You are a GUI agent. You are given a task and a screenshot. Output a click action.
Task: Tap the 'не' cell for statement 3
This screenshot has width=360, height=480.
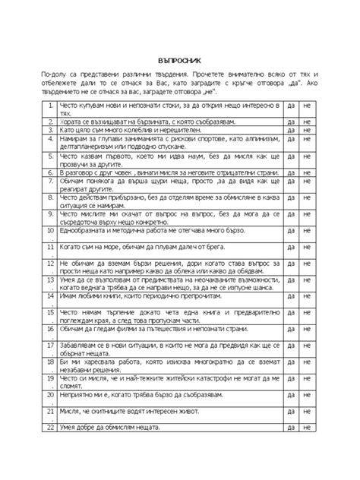coord(307,131)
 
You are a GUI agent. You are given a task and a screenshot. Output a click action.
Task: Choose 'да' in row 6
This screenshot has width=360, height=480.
coord(292,173)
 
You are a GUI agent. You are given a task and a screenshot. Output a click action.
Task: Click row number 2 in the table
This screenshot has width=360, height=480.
coord(49,122)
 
